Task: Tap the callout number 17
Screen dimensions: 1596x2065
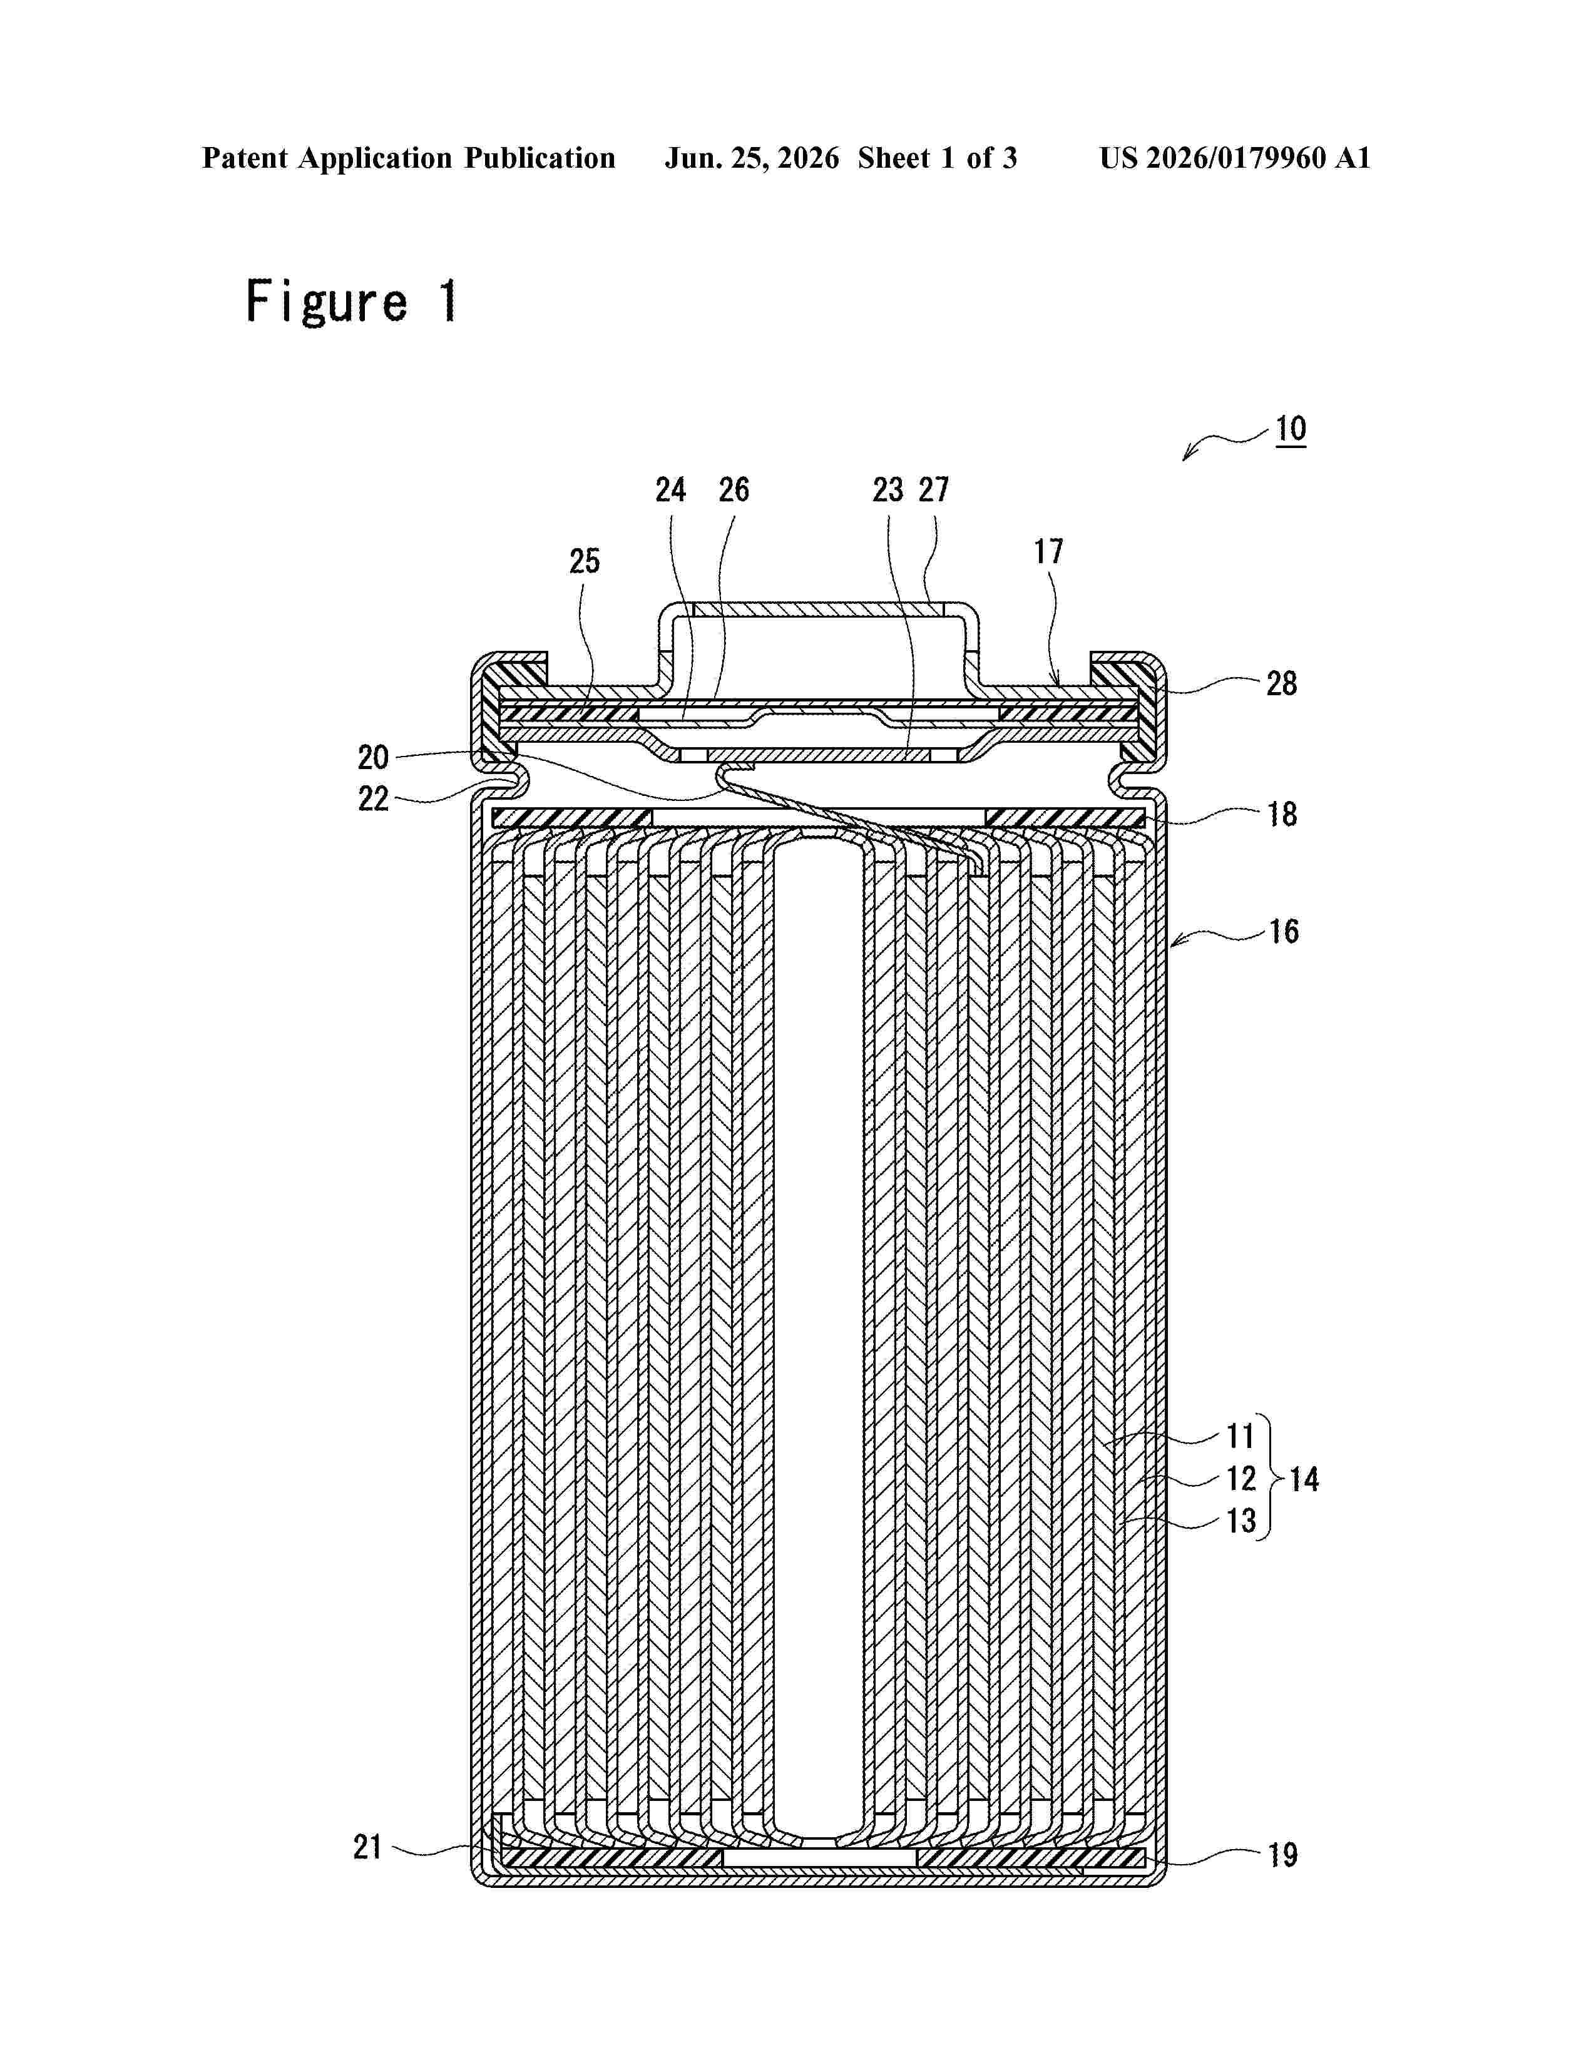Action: coord(1048,551)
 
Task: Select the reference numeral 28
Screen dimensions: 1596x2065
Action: coord(1282,683)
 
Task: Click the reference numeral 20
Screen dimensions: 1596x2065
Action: coord(374,757)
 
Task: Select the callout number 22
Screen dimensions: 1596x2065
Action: coord(374,799)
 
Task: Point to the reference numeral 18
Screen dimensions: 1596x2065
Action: coord(1282,814)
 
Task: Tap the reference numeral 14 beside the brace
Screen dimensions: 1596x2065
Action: coord(1304,1479)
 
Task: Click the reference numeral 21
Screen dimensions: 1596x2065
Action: coord(368,1847)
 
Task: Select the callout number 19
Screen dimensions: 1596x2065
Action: coord(1282,1855)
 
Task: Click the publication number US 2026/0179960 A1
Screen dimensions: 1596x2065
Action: coord(1235,158)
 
